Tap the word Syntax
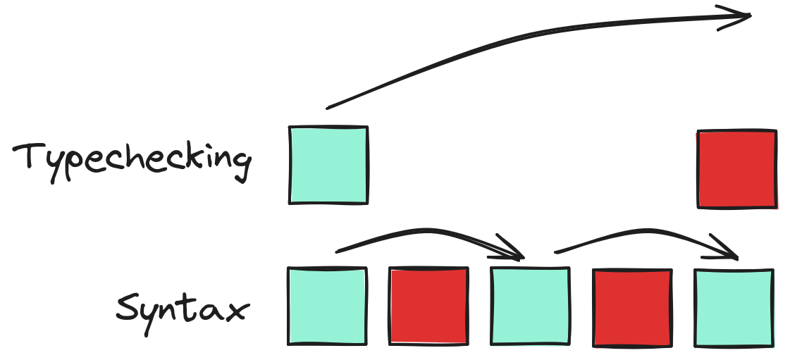point(182,309)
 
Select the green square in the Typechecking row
point(328,165)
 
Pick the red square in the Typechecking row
point(736,169)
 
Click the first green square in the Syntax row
point(328,306)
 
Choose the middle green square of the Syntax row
point(530,306)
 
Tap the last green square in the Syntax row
point(734,307)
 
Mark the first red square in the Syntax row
point(428,306)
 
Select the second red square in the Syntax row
point(631,307)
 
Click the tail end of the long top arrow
point(328,107)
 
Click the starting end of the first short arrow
point(338,250)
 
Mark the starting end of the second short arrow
point(556,250)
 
